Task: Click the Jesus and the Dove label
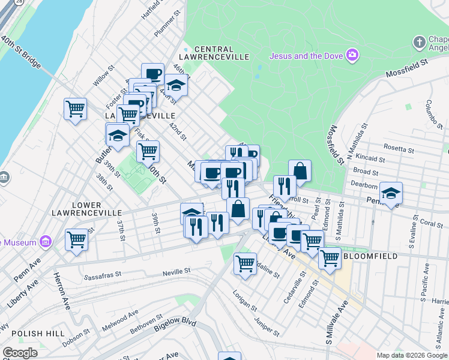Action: point(306,56)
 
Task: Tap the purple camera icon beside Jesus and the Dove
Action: point(352,56)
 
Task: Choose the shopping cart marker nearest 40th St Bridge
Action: point(75,109)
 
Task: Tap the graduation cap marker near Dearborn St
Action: point(391,193)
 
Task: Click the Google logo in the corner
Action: point(20,352)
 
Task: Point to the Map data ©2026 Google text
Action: point(412,355)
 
